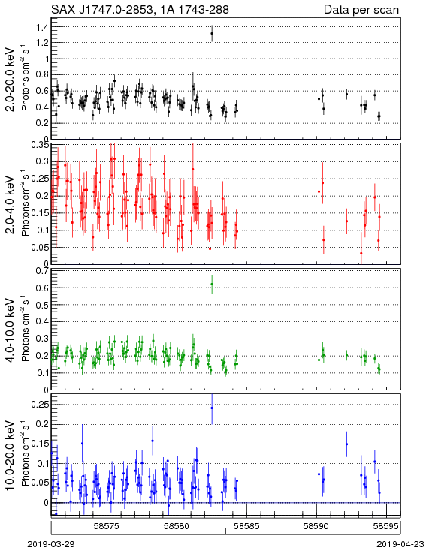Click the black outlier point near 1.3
212,33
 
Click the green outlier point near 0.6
212,284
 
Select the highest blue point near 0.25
212,408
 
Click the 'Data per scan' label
361,10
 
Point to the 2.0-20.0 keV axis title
11,79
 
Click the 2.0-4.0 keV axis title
11,205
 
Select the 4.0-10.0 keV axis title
11,330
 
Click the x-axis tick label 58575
107,526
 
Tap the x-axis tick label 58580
177,526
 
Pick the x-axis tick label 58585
247,526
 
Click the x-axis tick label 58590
316,526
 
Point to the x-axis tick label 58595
386,526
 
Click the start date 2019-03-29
51,544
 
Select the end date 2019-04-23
400,544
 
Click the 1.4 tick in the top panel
42,27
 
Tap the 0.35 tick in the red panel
39,145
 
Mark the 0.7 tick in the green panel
42,271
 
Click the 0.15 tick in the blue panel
39,444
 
